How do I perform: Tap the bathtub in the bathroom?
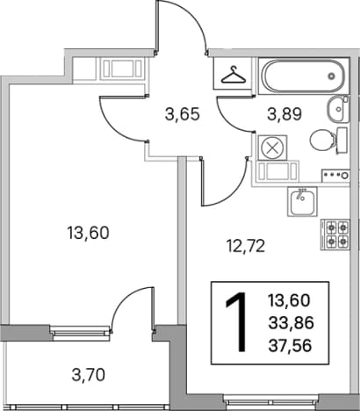303,76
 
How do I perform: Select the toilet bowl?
328,141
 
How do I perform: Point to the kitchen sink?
302,202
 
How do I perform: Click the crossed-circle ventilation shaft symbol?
272,148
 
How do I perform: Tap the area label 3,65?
183,114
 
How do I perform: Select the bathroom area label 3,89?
284,114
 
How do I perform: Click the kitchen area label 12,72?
246,246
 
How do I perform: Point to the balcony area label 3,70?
89,375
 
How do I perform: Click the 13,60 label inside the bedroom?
88,234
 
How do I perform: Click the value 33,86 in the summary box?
291,323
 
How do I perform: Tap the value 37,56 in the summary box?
290,347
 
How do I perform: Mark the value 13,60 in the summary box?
289,300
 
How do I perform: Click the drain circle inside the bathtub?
331,76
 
